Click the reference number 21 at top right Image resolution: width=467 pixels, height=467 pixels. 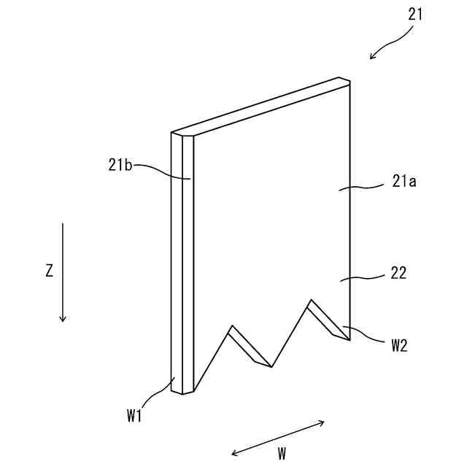pos(415,13)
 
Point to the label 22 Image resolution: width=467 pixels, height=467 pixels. pos(398,273)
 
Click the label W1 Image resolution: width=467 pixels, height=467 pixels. pos(133,416)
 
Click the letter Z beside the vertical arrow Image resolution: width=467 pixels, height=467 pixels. pos(49,271)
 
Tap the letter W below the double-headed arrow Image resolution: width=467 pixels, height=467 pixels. pos(282,453)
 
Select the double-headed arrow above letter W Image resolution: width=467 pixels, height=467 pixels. pos(278,438)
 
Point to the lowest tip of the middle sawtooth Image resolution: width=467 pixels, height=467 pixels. pos(271,367)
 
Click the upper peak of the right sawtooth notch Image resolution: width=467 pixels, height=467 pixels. pos(312,299)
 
